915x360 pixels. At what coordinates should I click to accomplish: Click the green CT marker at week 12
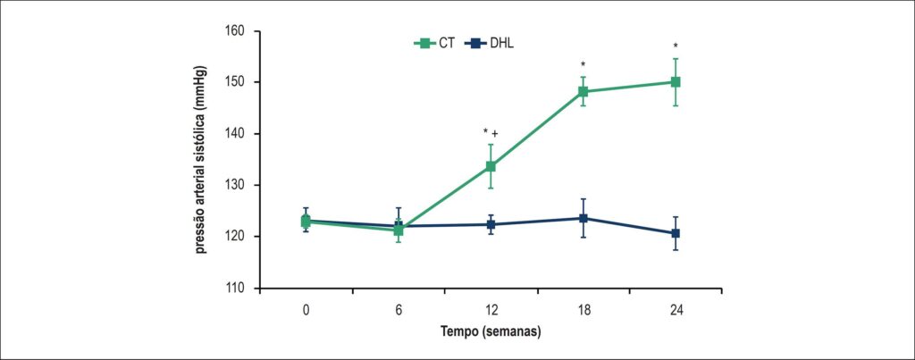tap(491, 166)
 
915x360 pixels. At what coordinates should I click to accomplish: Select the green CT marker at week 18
tap(583, 92)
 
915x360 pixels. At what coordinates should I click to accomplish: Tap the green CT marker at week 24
tap(676, 82)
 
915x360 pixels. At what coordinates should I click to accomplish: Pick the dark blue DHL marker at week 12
tap(491, 224)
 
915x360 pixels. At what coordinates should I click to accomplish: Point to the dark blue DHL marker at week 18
tap(583, 218)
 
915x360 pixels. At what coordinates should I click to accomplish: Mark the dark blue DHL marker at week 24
tap(676, 233)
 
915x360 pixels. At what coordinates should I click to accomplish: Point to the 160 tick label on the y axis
tap(236, 30)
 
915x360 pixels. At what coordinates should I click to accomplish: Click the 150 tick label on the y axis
tap(236, 81)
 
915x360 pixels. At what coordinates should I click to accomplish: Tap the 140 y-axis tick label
tap(236, 134)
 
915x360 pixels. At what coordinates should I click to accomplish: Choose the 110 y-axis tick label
tap(236, 289)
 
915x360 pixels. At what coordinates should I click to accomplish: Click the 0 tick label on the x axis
tap(306, 310)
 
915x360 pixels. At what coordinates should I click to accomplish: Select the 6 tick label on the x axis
tap(399, 310)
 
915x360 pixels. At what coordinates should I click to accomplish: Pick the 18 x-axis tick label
tap(583, 310)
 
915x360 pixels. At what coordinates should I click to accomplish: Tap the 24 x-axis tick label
tap(676, 310)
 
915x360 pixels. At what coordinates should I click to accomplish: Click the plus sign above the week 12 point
tap(495, 134)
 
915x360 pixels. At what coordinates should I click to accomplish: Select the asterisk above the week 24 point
tap(676, 46)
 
